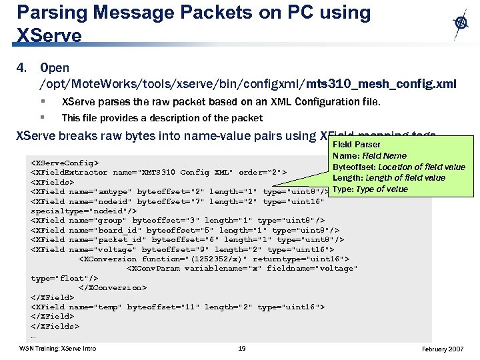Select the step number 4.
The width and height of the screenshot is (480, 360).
point(21,69)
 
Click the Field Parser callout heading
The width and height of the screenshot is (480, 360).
point(357,145)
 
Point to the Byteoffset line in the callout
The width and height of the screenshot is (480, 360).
point(399,167)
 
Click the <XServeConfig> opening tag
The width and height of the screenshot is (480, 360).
point(65,163)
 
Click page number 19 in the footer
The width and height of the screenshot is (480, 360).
point(242,349)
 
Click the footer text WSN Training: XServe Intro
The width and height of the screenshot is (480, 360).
point(57,349)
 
